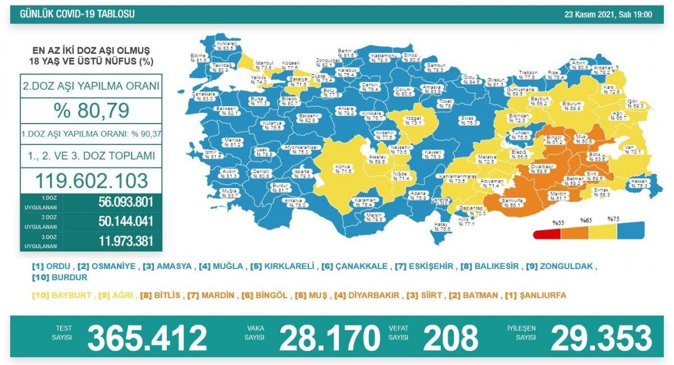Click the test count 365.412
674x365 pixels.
coord(147,338)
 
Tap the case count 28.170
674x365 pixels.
coord(330,338)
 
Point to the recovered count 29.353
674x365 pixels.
coord(602,338)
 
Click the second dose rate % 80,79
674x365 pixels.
coord(91,110)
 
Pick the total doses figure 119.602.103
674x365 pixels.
coord(92,180)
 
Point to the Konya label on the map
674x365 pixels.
coord(340,167)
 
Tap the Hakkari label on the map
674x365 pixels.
coord(637,181)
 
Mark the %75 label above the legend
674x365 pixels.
coord(614,218)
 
